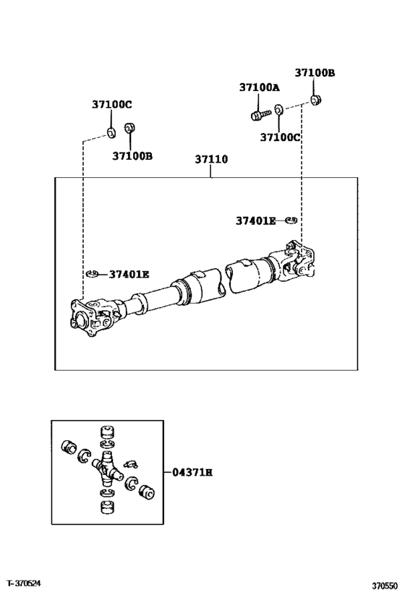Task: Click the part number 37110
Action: click(x=211, y=159)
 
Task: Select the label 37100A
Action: click(x=259, y=87)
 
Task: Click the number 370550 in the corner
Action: click(x=386, y=582)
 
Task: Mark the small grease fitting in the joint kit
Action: click(x=130, y=463)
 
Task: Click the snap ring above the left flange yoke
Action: click(x=91, y=274)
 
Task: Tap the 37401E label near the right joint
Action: click(x=255, y=220)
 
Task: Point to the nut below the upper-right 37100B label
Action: click(x=315, y=98)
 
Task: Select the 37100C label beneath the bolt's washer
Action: click(x=280, y=137)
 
